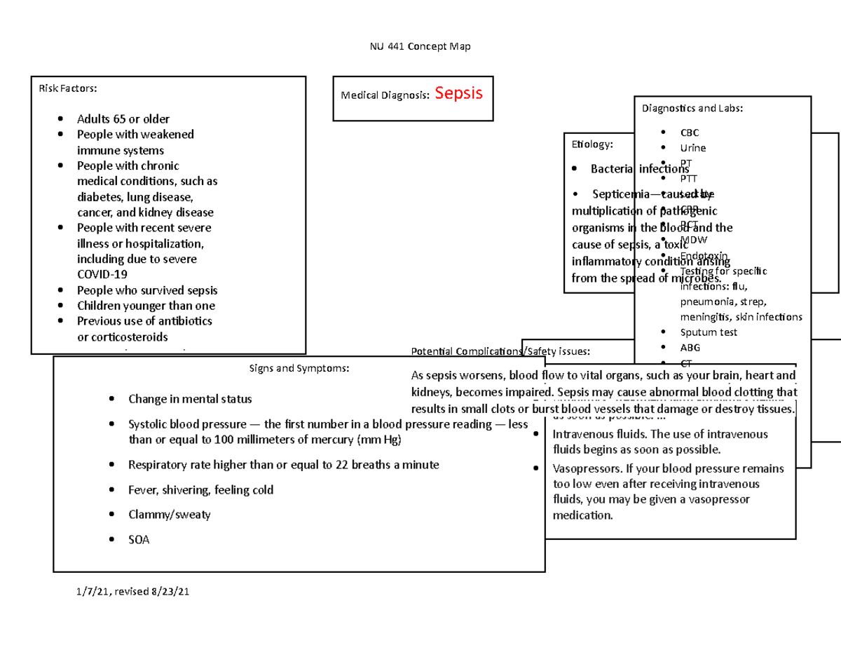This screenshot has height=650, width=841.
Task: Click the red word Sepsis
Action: click(x=458, y=93)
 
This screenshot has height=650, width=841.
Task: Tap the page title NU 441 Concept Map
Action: click(x=420, y=47)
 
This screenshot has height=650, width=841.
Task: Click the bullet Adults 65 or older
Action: click(x=123, y=119)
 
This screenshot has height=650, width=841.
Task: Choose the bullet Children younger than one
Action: click(x=146, y=306)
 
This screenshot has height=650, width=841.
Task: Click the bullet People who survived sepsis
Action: click(x=147, y=290)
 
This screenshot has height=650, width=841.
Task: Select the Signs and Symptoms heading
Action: click(x=299, y=368)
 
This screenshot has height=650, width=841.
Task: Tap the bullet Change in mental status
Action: click(x=189, y=399)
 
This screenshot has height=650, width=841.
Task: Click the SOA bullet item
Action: click(x=139, y=540)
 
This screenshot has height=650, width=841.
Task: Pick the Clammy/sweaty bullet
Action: click(x=169, y=515)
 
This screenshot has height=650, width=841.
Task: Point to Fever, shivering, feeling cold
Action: click(x=200, y=490)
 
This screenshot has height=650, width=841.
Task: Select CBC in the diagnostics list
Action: click(x=689, y=133)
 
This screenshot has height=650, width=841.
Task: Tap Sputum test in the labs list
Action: click(x=709, y=332)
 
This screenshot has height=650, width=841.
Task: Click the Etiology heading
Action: click(x=592, y=144)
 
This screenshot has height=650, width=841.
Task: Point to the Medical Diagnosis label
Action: click(x=385, y=95)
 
